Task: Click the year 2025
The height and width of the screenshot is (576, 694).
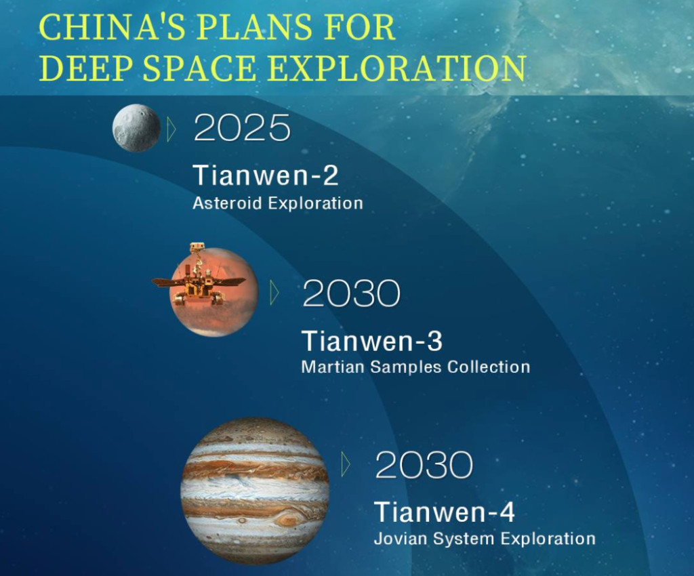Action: (x=242, y=127)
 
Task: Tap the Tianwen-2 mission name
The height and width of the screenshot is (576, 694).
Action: (x=266, y=175)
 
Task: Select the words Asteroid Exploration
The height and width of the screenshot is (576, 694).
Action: (x=278, y=203)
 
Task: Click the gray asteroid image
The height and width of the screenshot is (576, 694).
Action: (x=136, y=128)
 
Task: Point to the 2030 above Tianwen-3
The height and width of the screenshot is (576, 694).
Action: (x=352, y=293)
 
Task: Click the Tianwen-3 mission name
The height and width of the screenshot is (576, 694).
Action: (x=372, y=341)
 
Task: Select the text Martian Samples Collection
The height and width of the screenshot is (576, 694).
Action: (x=415, y=367)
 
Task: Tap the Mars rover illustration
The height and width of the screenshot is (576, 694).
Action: (x=199, y=276)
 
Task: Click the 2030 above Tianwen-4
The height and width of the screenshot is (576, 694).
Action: (x=424, y=464)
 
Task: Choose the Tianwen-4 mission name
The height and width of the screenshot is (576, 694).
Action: (x=445, y=512)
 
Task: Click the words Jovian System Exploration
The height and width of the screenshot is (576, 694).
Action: (x=485, y=539)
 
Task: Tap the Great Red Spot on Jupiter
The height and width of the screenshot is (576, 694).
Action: (x=287, y=518)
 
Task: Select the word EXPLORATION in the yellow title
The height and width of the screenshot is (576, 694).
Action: (x=397, y=68)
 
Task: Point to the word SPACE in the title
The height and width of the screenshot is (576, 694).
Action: (x=199, y=68)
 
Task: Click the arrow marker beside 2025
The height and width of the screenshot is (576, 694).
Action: (x=171, y=129)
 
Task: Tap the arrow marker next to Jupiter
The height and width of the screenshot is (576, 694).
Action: (x=346, y=464)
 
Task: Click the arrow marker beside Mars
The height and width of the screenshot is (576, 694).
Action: (x=274, y=292)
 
